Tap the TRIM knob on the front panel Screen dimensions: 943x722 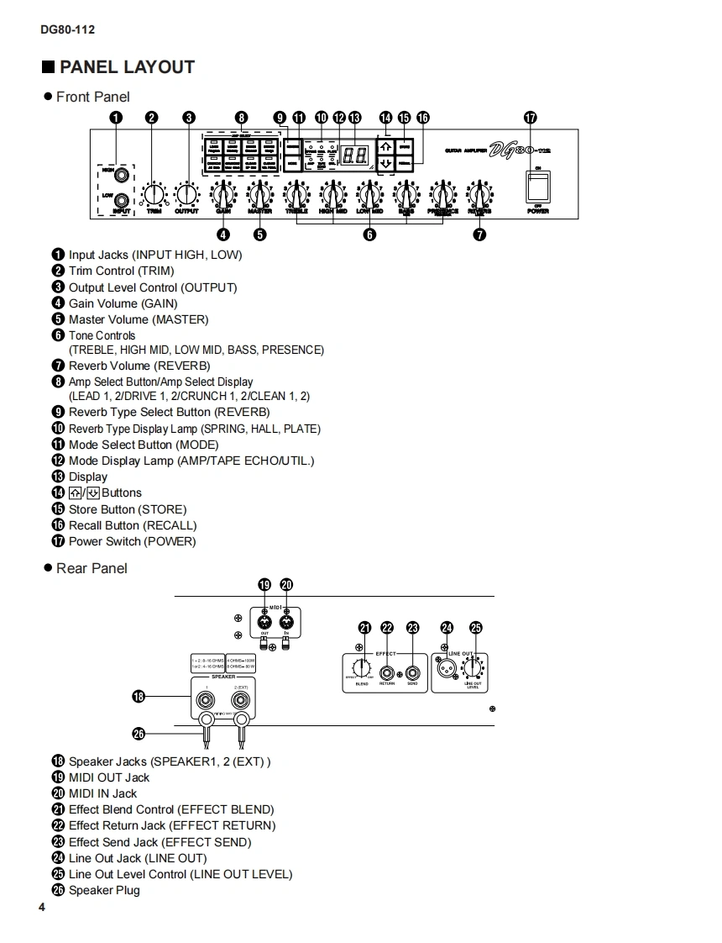154,195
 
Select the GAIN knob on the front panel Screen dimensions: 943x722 223,195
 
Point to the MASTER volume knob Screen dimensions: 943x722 259,195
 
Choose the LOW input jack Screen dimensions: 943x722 123,199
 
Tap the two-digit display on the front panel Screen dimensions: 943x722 354,156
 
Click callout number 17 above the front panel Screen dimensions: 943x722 530,118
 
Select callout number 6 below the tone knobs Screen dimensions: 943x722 369,235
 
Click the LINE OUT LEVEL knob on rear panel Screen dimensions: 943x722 473,669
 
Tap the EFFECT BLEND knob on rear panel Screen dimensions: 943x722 362,669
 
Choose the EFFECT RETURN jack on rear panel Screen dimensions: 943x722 387,672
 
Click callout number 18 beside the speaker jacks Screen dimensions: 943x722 139,695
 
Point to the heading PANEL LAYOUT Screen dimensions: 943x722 127,67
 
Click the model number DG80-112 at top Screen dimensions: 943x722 67,29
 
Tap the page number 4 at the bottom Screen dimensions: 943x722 41,908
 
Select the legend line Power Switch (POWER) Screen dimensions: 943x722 132,541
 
